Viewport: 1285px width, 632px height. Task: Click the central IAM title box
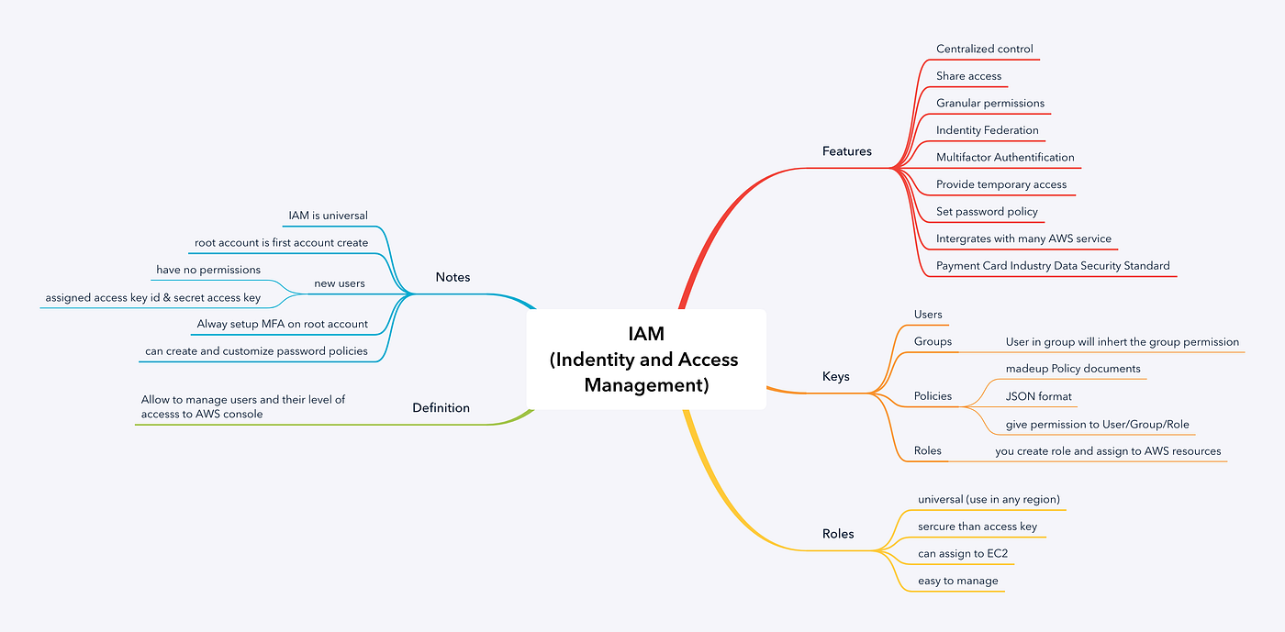(x=645, y=360)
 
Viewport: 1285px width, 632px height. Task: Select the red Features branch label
(x=846, y=151)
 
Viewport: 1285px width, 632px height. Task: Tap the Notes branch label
(x=453, y=277)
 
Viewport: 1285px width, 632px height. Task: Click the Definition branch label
(x=441, y=408)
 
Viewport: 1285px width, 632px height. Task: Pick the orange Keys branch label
(x=835, y=377)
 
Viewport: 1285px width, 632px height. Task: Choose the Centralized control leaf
(x=984, y=50)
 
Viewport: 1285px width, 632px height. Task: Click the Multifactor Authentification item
(x=1004, y=158)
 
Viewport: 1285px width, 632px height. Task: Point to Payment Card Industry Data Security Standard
(x=1052, y=266)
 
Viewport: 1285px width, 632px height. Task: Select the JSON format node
(x=1038, y=396)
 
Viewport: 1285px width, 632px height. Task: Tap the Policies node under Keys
(x=933, y=396)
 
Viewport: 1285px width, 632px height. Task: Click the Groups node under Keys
(x=933, y=342)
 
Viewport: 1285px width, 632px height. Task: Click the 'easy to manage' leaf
(x=957, y=581)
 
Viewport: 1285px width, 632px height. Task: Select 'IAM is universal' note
(x=328, y=216)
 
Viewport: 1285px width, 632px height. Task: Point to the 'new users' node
(x=339, y=283)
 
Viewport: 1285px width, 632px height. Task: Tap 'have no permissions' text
(x=208, y=271)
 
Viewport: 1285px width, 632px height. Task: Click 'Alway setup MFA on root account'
(x=282, y=324)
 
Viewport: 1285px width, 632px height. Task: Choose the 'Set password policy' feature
(x=986, y=212)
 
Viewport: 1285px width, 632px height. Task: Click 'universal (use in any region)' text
(x=989, y=500)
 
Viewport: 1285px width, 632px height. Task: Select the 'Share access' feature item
(x=968, y=76)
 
